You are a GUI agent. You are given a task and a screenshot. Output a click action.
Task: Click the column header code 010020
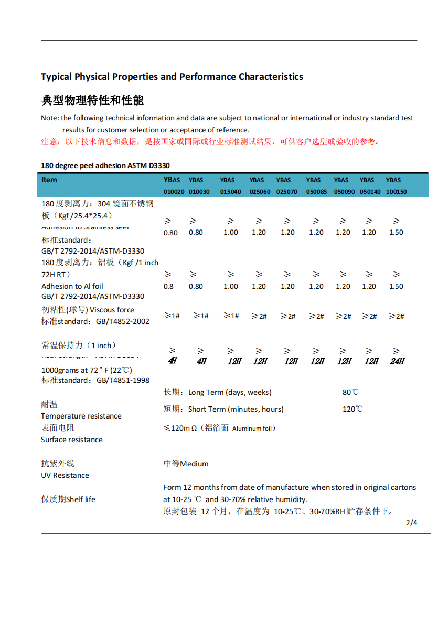[x=174, y=192]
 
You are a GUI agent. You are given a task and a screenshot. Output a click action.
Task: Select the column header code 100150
[x=396, y=192]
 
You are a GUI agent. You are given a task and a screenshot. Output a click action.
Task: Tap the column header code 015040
[x=230, y=192]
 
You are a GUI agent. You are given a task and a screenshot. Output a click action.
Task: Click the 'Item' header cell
[x=49, y=180]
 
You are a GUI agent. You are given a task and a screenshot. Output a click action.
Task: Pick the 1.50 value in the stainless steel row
[x=396, y=232]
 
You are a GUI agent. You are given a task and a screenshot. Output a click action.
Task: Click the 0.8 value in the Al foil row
[x=168, y=286]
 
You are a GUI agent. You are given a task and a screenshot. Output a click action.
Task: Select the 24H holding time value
[x=397, y=361]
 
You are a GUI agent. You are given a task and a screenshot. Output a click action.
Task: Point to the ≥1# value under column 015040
[x=231, y=316]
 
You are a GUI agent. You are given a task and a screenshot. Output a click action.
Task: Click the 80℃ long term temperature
[x=350, y=392]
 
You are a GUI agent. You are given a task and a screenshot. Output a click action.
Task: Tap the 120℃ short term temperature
[x=352, y=409]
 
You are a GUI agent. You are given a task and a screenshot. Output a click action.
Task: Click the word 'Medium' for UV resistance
[x=194, y=464]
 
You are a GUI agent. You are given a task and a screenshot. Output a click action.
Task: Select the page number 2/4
[x=412, y=523]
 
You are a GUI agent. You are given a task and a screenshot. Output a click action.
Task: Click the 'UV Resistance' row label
[x=65, y=475]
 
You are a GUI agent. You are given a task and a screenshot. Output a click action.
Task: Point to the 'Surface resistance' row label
[x=72, y=440]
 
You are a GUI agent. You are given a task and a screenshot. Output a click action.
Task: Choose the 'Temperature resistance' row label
[x=81, y=416]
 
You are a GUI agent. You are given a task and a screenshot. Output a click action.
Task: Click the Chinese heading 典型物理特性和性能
[x=92, y=100]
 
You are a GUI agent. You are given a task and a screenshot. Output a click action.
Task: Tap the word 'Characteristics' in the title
[x=271, y=77]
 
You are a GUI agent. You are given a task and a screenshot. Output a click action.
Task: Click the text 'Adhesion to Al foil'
[x=72, y=286]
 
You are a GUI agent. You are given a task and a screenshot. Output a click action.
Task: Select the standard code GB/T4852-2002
[x=123, y=321]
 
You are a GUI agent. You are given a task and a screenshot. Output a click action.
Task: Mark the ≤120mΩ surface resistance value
[x=180, y=428]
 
